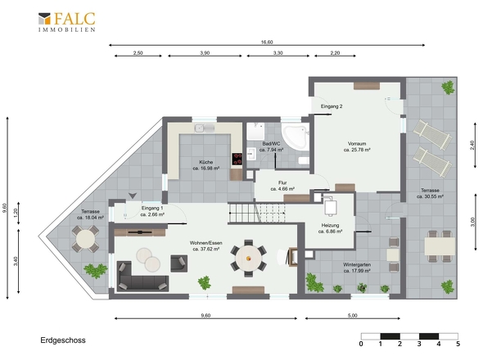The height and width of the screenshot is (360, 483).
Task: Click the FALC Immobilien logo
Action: [67, 22]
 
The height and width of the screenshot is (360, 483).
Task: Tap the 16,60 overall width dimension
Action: [267, 43]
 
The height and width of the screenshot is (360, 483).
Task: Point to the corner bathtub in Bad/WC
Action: [296, 137]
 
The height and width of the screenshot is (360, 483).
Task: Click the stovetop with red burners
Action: [237, 160]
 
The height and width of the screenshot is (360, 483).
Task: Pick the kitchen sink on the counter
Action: [204, 128]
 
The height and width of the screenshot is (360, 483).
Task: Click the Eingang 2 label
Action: [332, 106]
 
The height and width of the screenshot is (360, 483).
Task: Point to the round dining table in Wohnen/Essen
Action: [249, 259]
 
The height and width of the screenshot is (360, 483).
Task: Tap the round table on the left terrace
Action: [85, 239]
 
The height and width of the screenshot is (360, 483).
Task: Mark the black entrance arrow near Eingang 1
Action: [133, 196]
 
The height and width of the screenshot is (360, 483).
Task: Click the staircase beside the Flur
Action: [257, 213]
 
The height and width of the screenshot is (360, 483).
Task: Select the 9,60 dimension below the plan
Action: [205, 315]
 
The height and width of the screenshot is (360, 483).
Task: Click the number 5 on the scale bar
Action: [458, 344]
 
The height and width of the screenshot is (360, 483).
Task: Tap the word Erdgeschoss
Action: [63, 340]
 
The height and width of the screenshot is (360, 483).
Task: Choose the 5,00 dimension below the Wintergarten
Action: [352, 315]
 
